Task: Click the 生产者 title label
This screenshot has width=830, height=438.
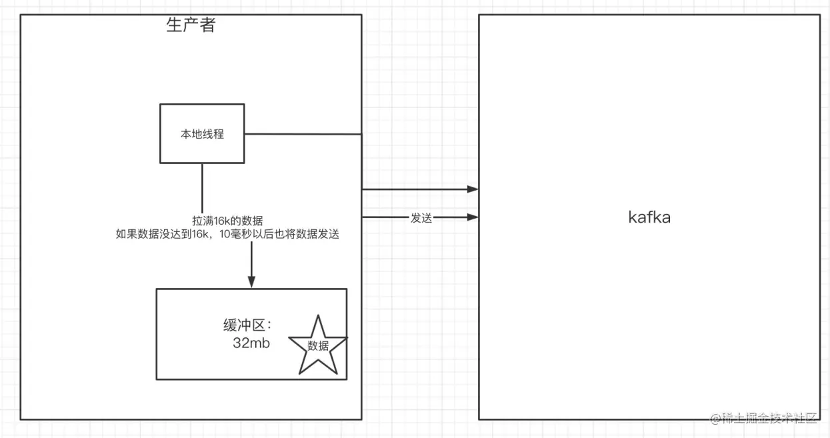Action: tap(191, 25)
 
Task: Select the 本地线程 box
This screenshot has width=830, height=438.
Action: tap(202, 133)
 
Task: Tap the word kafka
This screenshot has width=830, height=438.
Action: tap(649, 217)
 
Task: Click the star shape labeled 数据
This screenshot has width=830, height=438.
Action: tap(317, 347)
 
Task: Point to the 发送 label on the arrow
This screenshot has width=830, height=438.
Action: tap(421, 218)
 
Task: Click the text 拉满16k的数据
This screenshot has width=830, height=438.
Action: tap(227, 221)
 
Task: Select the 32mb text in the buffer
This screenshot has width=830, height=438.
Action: tap(248, 344)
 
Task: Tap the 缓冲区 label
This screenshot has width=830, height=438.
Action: tap(243, 325)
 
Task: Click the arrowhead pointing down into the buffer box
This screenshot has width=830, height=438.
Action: tap(251, 282)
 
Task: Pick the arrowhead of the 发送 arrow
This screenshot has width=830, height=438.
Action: tap(473, 217)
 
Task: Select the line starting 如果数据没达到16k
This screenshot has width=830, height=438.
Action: tap(227, 234)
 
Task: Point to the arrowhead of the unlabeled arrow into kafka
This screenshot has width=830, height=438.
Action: tap(473, 189)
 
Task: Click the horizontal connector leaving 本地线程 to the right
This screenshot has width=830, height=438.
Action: tap(303, 134)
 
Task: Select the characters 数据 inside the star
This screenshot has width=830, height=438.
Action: tap(318, 345)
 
